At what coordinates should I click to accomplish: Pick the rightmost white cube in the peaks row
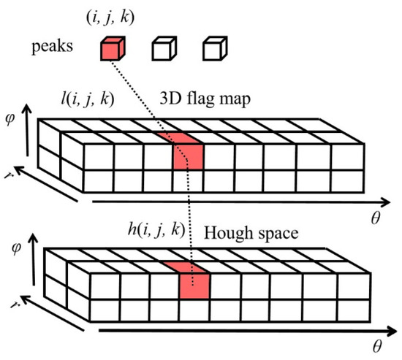tap(213, 50)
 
